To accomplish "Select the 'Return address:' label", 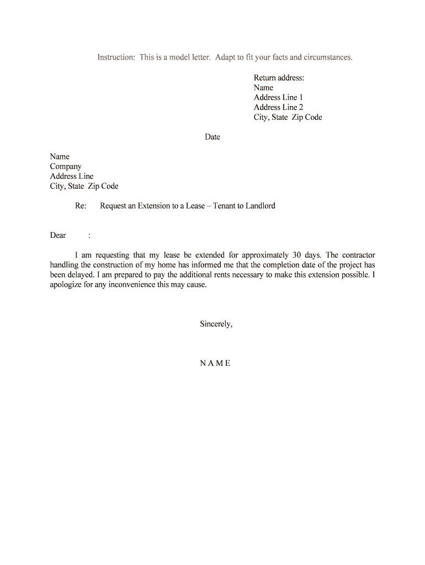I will (x=279, y=78).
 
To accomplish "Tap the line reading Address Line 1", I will (x=278, y=98).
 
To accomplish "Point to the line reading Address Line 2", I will (x=278, y=108).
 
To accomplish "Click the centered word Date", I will (x=212, y=137).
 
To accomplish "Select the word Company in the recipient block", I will (x=66, y=167).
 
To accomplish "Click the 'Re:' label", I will (x=81, y=206).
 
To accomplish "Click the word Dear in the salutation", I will (x=58, y=236).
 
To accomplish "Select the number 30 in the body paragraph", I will (x=296, y=255).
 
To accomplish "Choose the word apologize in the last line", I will (x=66, y=285).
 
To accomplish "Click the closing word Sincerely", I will (x=216, y=324).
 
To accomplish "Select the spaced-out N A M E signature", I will (x=215, y=364).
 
